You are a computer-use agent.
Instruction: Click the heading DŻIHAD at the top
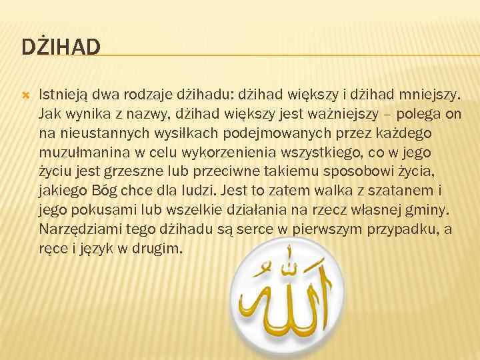[61, 47]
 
